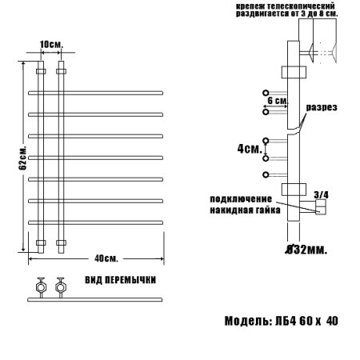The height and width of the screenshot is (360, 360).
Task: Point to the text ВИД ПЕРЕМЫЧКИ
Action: [121, 280]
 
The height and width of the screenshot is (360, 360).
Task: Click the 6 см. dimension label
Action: [276, 101]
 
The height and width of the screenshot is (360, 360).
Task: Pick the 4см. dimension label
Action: [250, 148]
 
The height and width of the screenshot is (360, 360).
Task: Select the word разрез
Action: [321, 107]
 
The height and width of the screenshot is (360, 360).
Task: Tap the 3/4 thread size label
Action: [321, 194]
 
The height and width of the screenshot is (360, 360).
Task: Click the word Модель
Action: [248, 321]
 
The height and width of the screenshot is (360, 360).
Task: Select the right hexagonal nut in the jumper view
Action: [59, 286]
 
